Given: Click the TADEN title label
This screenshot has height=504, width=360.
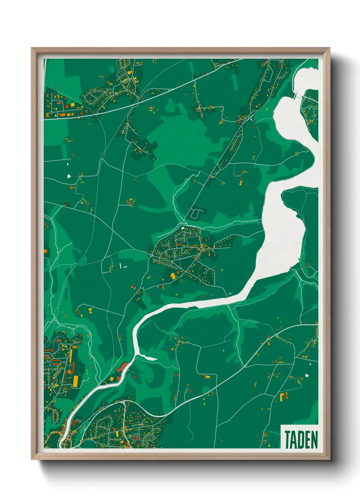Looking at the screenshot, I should pyautogui.click(x=301, y=440).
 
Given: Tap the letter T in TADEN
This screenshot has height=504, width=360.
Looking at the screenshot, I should pyautogui.click(x=288, y=440).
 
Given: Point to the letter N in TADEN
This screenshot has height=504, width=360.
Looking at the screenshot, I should pyautogui.click(x=314, y=440).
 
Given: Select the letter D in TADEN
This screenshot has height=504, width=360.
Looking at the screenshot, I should pyautogui.click(x=301, y=440).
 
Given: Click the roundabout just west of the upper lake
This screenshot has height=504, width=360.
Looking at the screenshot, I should pyautogui.click(x=251, y=118).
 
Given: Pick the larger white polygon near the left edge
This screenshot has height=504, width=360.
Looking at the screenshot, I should pyautogui.click(x=69, y=176).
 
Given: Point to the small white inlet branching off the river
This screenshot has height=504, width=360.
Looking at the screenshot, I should pyautogui.click(x=150, y=358).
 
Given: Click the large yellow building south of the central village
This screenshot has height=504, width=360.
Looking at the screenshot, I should pyautogui.click(x=173, y=275).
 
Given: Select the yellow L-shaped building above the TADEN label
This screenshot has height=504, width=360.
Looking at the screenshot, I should pyautogui.click(x=283, y=396).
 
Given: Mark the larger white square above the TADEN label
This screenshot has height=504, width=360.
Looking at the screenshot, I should pyautogui.click(x=307, y=376).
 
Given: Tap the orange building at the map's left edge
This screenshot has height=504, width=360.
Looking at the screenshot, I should pyautogui.click(x=46, y=251).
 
